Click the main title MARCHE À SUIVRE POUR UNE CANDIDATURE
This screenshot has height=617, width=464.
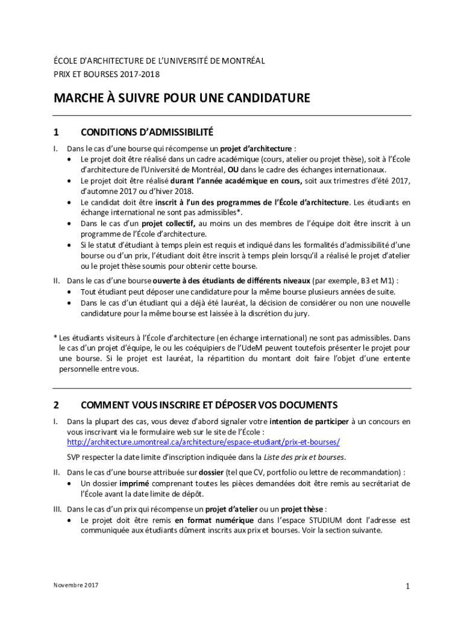pos(182,98)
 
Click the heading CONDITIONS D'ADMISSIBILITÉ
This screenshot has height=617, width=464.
pos(147,132)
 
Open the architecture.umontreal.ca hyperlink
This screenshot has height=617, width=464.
pos(203,442)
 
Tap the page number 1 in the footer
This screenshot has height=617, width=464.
pos(408,586)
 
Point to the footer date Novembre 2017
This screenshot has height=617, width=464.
pos(75,586)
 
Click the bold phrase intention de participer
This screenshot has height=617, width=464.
pos(308,421)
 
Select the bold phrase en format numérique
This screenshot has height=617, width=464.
pos(215,520)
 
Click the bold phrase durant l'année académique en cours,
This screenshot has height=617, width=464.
pos(236,181)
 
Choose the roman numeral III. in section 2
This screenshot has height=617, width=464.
pos(58,509)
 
